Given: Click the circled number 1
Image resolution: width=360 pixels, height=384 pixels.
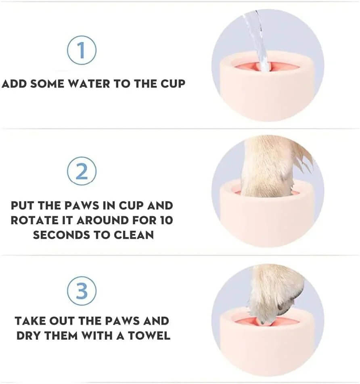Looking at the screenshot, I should click(x=82, y=50).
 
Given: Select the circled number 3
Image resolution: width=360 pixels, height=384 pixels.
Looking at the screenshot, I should click(x=82, y=291).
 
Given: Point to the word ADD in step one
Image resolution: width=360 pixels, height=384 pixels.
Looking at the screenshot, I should click(x=15, y=84).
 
